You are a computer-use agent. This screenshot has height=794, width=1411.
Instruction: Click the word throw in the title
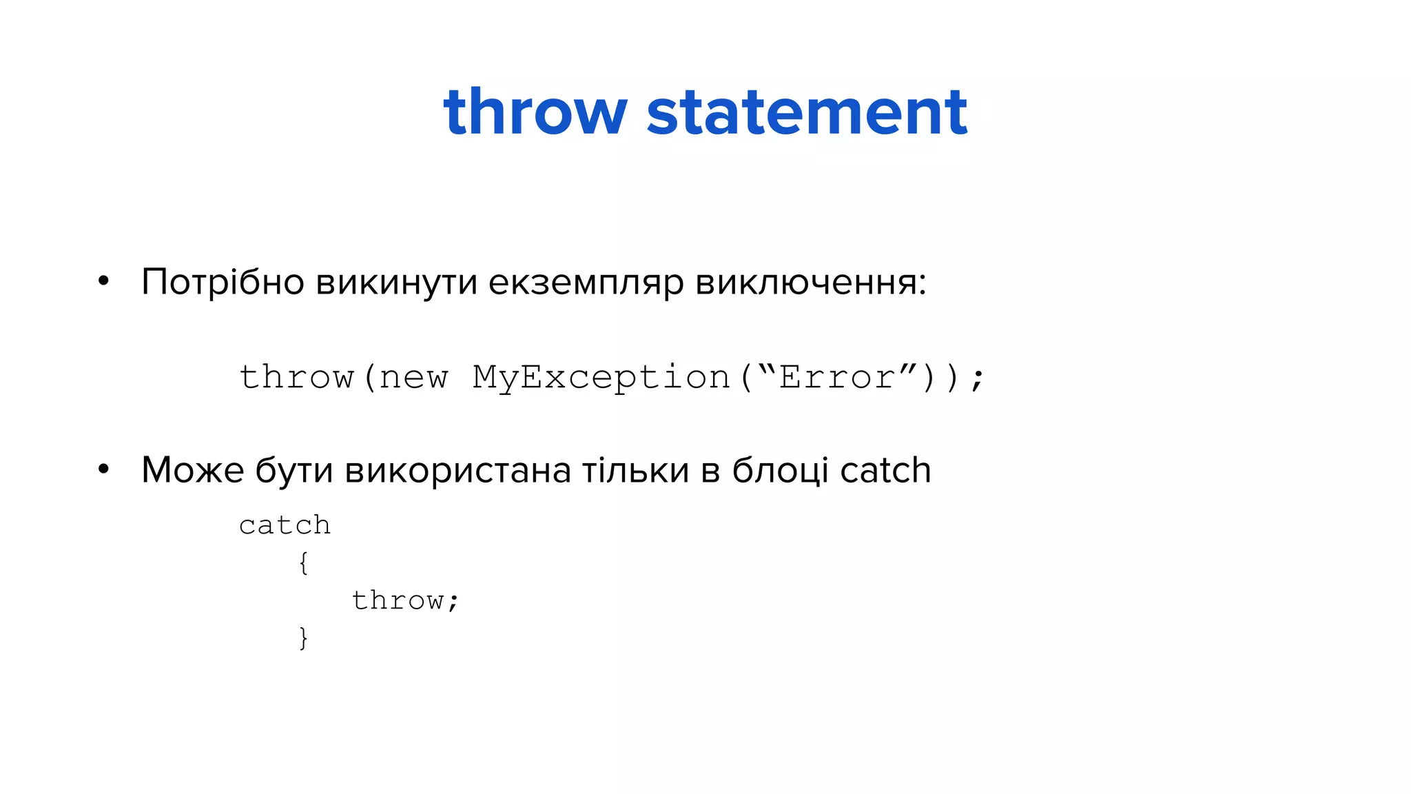click(x=535, y=112)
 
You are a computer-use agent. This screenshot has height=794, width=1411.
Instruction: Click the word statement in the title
click(x=807, y=112)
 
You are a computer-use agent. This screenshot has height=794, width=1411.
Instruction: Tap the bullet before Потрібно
click(x=103, y=281)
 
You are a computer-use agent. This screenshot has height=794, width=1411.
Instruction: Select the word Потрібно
click(x=223, y=283)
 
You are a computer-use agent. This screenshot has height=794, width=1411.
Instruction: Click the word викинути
click(x=396, y=283)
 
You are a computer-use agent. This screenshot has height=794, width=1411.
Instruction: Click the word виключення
click(x=810, y=283)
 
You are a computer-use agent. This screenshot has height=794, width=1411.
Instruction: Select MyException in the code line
click(x=601, y=378)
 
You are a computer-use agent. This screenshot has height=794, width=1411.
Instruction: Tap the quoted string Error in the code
click(x=836, y=377)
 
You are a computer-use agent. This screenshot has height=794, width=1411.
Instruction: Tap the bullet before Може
click(x=103, y=469)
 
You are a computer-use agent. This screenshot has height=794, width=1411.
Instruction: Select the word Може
click(x=192, y=471)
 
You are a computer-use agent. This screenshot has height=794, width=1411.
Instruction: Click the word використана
click(x=457, y=471)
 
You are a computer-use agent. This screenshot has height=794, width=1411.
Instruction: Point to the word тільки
click(x=635, y=471)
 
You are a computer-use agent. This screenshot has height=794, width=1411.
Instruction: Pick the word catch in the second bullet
click(x=885, y=471)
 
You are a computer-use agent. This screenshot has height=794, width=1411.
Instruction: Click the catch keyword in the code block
click(x=285, y=526)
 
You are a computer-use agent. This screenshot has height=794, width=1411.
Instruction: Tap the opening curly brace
click(x=303, y=563)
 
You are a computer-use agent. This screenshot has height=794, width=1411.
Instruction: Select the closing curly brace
click(x=303, y=638)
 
